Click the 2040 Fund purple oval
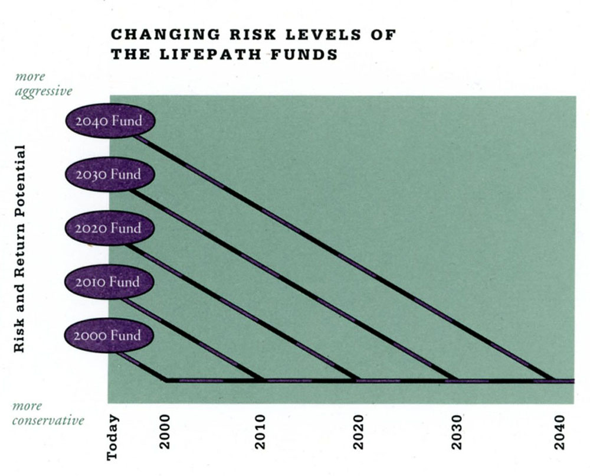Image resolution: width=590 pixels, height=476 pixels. point(110,121)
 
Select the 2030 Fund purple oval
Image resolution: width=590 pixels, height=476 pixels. point(110,175)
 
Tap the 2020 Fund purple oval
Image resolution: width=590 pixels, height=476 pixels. point(110,229)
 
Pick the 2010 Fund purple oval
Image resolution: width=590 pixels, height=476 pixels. point(110,282)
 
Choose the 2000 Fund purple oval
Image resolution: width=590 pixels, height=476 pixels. point(110,335)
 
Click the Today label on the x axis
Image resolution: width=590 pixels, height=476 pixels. point(114,438)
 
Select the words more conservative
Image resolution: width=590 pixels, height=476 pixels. point(48,413)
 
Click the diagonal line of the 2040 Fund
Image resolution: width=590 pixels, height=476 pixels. point(342,257)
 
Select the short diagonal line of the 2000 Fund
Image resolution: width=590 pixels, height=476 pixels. point(140,366)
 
